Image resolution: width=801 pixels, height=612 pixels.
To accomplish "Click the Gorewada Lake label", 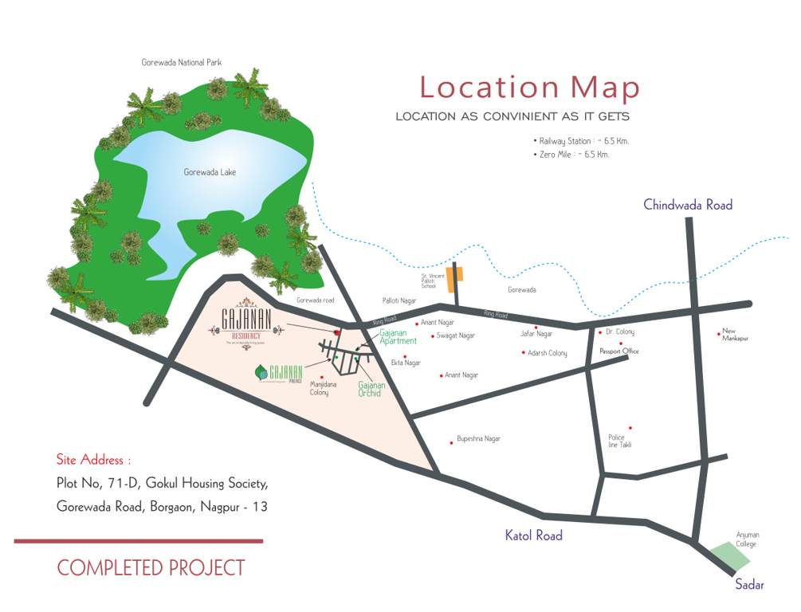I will tap(210, 172).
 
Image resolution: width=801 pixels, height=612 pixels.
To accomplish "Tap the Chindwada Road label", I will tap(688, 206).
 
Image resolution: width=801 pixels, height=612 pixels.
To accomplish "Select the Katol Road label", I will tap(533, 535).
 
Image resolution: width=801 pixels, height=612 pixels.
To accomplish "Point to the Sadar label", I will tap(749, 585).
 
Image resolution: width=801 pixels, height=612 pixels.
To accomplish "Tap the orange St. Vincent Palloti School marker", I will tap(455, 279).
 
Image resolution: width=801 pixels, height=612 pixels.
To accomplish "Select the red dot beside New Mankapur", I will tap(719, 334).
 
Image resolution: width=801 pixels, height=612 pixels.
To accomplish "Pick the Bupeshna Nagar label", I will tap(478, 439).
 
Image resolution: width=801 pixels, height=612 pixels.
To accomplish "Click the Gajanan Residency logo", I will tap(248, 323).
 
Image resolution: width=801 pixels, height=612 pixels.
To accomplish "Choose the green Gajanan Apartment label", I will tap(398, 336).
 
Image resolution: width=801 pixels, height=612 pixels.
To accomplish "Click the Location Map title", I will tap(529, 87).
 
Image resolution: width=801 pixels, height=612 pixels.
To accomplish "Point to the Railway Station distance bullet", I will tap(573, 141).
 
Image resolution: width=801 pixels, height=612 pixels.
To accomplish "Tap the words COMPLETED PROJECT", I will tap(151, 568).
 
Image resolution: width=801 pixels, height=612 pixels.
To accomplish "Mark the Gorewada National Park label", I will tap(181, 62).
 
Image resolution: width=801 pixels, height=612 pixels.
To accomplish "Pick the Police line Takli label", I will tap(620, 441).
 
